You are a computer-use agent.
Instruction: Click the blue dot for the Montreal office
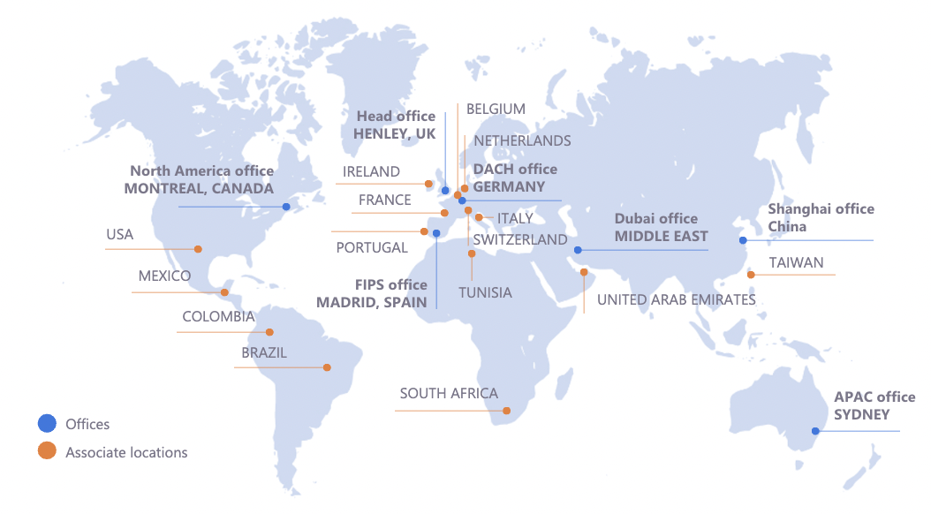point(286,207)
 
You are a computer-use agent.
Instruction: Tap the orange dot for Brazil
point(327,367)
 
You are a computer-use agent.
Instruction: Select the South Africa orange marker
point(506,411)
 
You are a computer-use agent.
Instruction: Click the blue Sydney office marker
point(815,431)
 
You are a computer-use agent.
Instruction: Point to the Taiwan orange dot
point(751,275)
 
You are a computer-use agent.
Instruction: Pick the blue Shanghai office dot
point(743,240)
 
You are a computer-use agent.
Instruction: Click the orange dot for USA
point(198,249)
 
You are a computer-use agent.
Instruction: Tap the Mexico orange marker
point(224,292)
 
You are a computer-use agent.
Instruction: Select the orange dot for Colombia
point(270,332)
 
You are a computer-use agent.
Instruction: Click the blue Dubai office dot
point(578,250)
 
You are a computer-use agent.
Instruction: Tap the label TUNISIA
point(485,292)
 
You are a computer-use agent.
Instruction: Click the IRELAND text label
point(372,172)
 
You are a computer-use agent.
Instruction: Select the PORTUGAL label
point(372,247)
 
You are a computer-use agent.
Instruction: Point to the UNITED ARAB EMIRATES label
point(677,299)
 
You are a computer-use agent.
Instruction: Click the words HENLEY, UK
point(395,134)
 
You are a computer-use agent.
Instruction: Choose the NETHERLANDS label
point(522,140)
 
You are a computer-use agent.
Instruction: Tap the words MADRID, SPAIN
point(372,302)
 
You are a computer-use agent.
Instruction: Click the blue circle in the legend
point(46,424)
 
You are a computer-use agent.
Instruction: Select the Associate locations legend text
point(126,452)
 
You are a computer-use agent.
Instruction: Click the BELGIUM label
point(496,109)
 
